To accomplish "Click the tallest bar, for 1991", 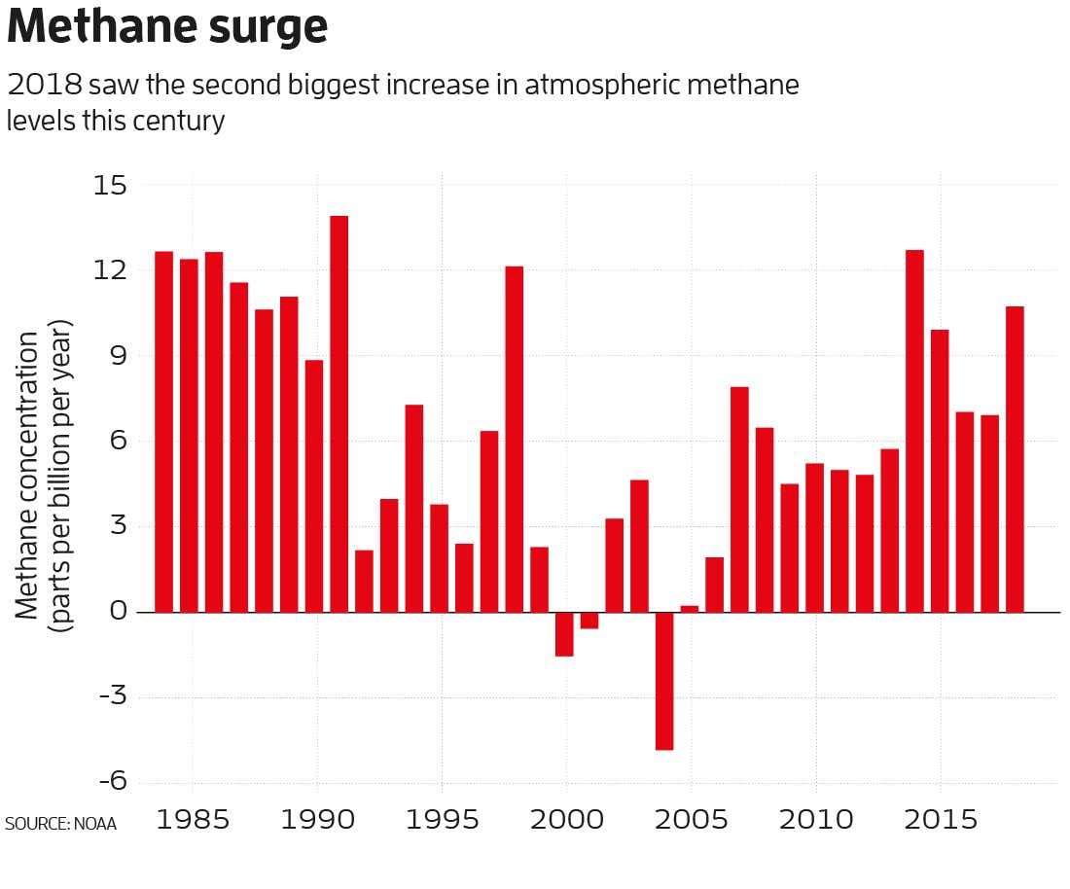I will [339, 413].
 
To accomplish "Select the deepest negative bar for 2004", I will [664, 681].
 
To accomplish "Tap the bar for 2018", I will [1015, 459].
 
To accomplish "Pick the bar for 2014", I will [914, 431].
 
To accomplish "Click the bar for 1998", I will [515, 439].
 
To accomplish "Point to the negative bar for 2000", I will [564, 634].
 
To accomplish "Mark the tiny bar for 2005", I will [690, 609].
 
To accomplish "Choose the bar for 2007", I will [739, 499].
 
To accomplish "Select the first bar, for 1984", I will [163, 432].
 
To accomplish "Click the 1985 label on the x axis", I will [193, 819].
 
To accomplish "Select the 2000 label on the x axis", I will [566, 819].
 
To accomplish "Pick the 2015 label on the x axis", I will [940, 819].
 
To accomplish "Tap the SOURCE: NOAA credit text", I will [60, 824].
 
